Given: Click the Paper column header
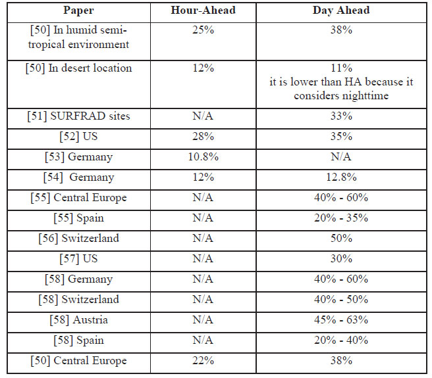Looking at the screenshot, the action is (x=78, y=11).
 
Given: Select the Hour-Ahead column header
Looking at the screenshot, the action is (x=203, y=10).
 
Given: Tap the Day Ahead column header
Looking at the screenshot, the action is (x=341, y=11).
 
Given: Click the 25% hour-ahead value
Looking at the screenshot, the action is (x=203, y=30).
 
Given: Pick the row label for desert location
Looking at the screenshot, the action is (x=78, y=68).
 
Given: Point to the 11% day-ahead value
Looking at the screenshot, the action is (x=341, y=68).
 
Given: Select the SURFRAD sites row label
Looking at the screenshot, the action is (x=78, y=116).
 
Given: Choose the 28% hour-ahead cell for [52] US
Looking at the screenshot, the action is (x=203, y=137).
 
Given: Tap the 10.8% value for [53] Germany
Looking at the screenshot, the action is (x=203, y=157).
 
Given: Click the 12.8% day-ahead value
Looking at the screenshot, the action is (x=341, y=177).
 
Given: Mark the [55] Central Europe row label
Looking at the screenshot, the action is (x=78, y=198).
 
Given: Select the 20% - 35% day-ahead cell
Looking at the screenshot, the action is (x=341, y=218).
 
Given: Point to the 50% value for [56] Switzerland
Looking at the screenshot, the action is (x=341, y=238).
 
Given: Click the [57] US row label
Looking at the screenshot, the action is (x=78, y=259).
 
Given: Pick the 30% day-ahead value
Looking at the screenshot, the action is (x=341, y=258).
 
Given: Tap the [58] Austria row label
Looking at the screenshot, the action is (x=78, y=320).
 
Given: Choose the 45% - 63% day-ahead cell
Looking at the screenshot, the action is (x=341, y=319).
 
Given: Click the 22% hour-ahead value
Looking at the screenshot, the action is (x=203, y=360).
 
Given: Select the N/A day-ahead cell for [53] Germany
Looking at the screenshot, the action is (x=341, y=157).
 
